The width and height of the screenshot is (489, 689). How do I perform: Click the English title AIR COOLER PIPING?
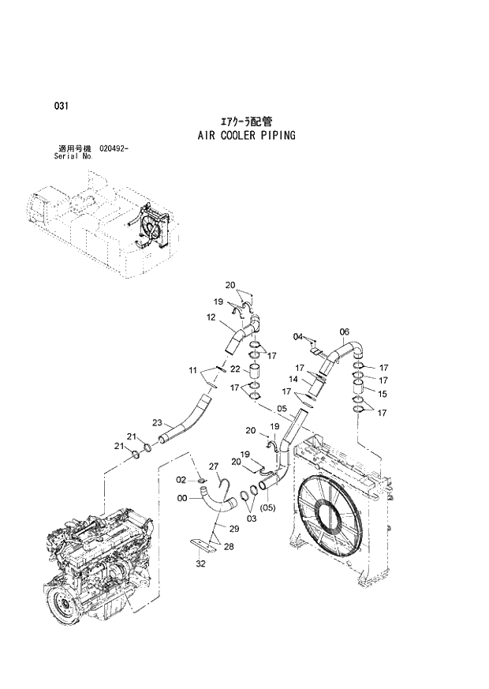(246, 135)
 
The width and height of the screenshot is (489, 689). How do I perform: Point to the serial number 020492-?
(115, 148)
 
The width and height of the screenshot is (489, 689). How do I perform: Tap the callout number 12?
(211, 317)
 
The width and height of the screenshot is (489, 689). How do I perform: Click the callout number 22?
(235, 369)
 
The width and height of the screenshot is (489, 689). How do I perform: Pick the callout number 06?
(344, 331)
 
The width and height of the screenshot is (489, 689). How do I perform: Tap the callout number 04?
(298, 337)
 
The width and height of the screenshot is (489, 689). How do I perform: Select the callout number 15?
(383, 393)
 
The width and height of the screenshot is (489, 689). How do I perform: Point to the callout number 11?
(192, 370)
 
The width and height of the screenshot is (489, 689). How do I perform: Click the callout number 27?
(213, 466)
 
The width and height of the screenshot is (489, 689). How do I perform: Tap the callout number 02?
(181, 479)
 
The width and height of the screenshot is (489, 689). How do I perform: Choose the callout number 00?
(183, 498)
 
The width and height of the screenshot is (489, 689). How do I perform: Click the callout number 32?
(200, 564)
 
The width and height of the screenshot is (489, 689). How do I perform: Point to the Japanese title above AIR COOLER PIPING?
(246, 122)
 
